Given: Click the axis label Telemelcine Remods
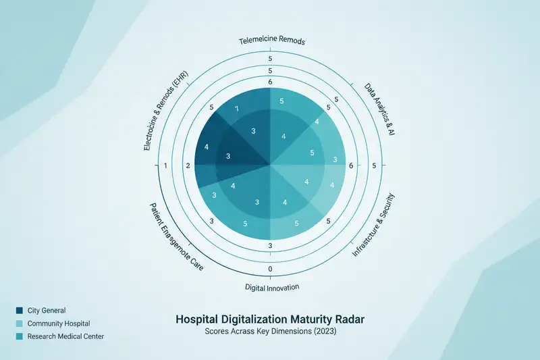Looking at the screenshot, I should (272, 41).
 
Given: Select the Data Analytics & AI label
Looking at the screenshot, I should (379, 111).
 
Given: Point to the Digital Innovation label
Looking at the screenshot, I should (271, 286).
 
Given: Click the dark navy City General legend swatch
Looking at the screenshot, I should (19, 311).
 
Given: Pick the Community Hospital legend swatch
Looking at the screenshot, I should (19, 324).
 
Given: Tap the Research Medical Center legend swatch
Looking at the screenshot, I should (19, 336).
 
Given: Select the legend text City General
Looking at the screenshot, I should (47, 311).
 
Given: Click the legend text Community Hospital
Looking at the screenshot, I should (59, 324).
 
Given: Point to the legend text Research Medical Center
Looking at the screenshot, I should (65, 336).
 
